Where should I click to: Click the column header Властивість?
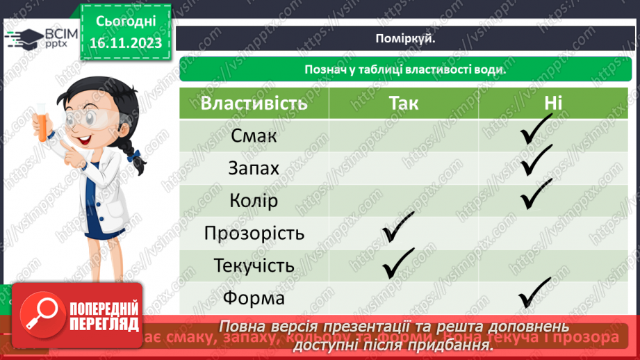(x=254, y=104)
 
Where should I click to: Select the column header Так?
(x=404, y=104)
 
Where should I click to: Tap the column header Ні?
(x=553, y=104)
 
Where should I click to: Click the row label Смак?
(x=254, y=136)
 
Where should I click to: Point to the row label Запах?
(x=254, y=168)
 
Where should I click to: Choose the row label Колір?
(x=254, y=201)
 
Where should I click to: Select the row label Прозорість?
(x=254, y=233)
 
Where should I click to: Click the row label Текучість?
(x=254, y=265)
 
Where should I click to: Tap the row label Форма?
(x=254, y=298)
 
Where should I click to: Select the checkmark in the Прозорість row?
(x=398, y=229)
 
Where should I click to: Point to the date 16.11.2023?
(x=125, y=43)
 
